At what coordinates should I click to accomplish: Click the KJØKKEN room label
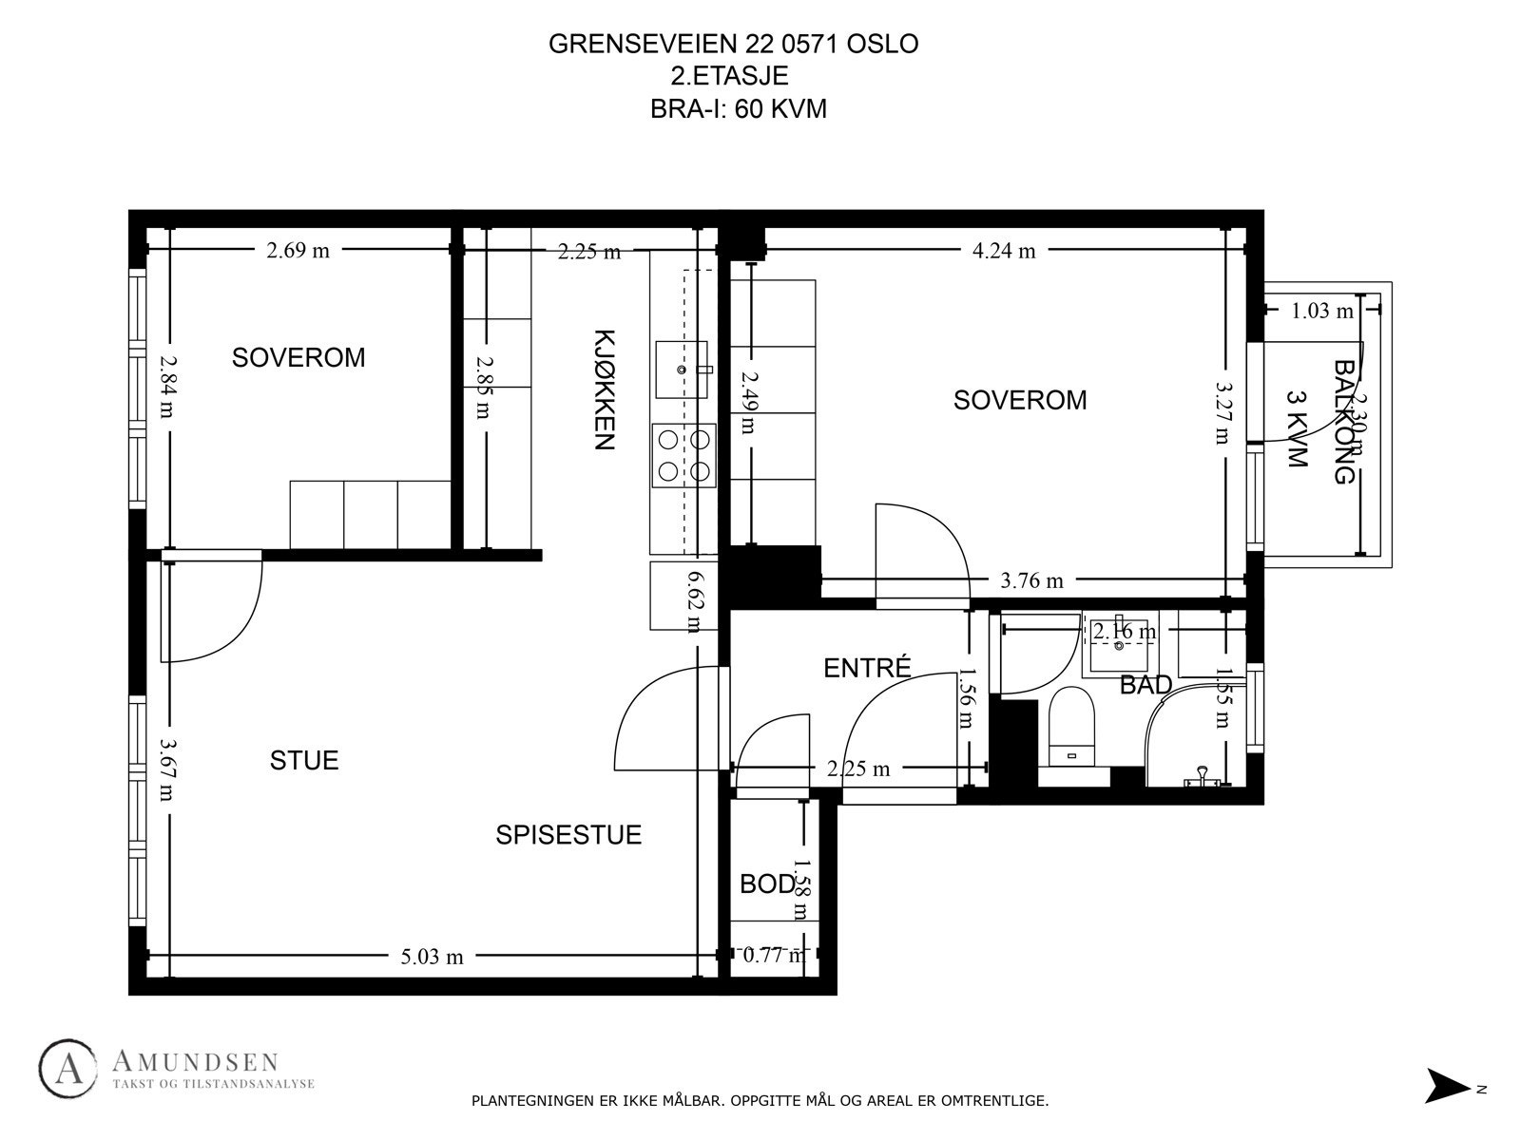click(x=605, y=389)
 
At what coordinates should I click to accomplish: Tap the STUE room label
click(x=304, y=760)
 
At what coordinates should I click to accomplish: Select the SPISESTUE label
click(x=568, y=835)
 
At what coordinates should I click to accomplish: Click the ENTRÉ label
click(x=867, y=668)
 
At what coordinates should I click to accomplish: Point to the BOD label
click(x=766, y=884)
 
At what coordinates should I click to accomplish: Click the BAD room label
click(x=1146, y=685)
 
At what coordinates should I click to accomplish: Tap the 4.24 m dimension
click(x=1004, y=251)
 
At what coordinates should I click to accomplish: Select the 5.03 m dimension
click(x=432, y=957)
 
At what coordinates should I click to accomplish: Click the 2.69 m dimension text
click(x=298, y=251)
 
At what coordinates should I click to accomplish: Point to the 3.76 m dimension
click(x=1031, y=580)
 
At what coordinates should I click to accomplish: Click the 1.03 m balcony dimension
click(x=1321, y=311)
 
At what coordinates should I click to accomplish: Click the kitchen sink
click(x=682, y=369)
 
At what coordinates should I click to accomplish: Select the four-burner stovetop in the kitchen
click(x=683, y=455)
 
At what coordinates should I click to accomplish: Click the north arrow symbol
click(x=1447, y=1086)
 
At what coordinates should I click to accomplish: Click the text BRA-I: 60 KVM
click(x=738, y=109)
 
